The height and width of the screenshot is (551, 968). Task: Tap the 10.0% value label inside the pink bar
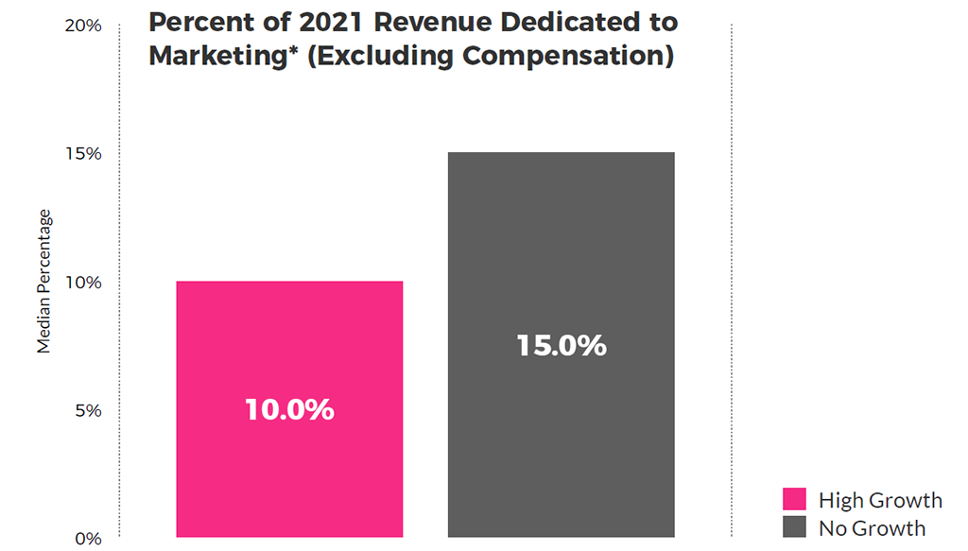pyautogui.click(x=289, y=410)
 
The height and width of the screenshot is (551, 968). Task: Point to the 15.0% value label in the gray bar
pyautogui.click(x=561, y=346)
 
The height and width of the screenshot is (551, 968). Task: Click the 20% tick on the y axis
pyautogui.click(x=83, y=26)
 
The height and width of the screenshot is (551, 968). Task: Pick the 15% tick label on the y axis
pyautogui.click(x=84, y=154)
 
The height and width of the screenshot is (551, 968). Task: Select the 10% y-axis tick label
pyautogui.click(x=84, y=283)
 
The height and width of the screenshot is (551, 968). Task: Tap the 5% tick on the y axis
pyautogui.click(x=88, y=411)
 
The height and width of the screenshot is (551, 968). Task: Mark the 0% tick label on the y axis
pyautogui.click(x=88, y=539)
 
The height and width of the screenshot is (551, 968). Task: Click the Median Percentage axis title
pyautogui.click(x=44, y=282)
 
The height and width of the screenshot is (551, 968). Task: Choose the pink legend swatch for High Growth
pyautogui.click(x=794, y=500)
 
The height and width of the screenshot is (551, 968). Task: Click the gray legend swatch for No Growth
pyautogui.click(x=794, y=527)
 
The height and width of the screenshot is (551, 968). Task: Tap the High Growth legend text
pyautogui.click(x=880, y=500)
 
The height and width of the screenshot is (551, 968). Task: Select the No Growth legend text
pyautogui.click(x=872, y=527)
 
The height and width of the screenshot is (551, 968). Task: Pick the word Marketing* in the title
pyautogui.click(x=223, y=56)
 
